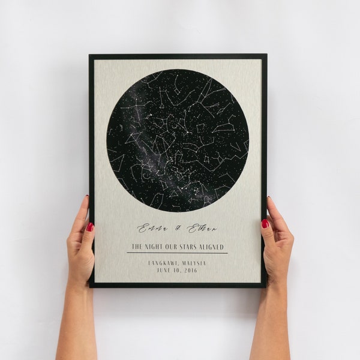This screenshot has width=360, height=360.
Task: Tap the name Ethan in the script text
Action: click(x=202, y=228)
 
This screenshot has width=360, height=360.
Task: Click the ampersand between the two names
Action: click(x=176, y=229)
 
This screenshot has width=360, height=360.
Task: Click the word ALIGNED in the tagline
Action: click(x=212, y=247)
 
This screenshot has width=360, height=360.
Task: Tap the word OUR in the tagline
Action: click(x=173, y=247)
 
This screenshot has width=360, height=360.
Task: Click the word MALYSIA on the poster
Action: click(x=194, y=262)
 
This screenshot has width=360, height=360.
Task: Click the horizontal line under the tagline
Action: click(x=177, y=253)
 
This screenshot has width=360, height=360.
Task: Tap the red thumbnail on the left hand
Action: click(x=90, y=227)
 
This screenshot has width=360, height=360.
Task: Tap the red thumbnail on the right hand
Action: click(x=265, y=223)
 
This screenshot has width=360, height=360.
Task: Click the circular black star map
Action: click(x=178, y=140)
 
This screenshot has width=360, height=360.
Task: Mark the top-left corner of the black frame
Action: click(x=90, y=55)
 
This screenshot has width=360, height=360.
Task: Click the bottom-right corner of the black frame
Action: click(x=265, y=286)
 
